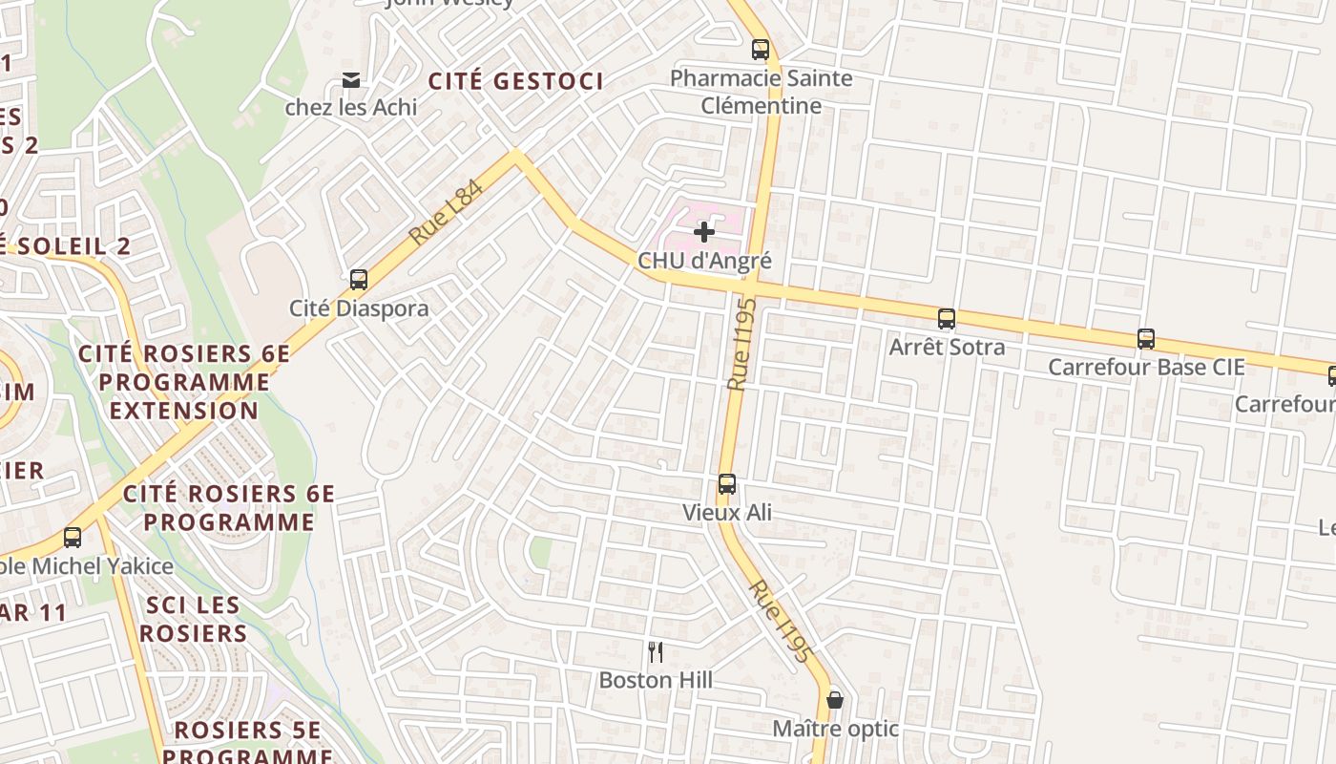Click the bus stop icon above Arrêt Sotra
tap(947, 319)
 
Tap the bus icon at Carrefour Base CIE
tap(1146, 339)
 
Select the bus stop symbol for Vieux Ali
tap(727, 484)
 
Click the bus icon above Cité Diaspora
tap(359, 280)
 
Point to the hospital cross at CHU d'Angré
tap(704, 232)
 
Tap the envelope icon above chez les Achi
tap(351, 80)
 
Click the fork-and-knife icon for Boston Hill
tap(656, 652)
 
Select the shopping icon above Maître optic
tap(835, 700)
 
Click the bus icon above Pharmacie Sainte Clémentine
tap(761, 50)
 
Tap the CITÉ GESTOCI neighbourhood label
tap(515, 81)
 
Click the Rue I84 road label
tap(446, 212)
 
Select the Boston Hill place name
tap(656, 680)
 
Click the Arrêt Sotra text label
tap(947, 347)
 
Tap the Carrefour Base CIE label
tap(1146, 367)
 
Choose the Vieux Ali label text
tap(727, 513)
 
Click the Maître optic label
tap(835, 729)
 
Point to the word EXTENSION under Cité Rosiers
tap(184, 411)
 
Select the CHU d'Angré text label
tap(704, 260)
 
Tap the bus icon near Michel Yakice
tap(73, 538)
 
